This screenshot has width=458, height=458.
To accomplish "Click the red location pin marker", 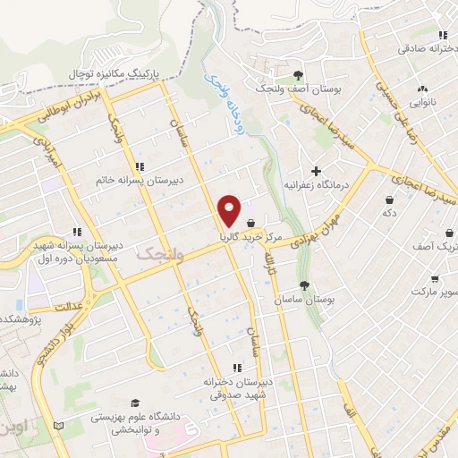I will click(x=230, y=209).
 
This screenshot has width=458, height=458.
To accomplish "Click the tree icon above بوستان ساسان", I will click(x=304, y=285).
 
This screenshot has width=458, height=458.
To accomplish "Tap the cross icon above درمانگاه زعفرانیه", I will click(x=315, y=170).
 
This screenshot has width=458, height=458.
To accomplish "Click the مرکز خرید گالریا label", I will click(x=251, y=237).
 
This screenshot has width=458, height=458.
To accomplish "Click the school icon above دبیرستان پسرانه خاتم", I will click(x=140, y=166).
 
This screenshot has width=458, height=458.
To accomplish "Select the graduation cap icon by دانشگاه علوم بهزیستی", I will click(x=135, y=403).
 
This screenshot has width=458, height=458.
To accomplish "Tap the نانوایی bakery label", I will click(x=421, y=104).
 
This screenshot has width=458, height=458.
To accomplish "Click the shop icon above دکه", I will click(x=389, y=200).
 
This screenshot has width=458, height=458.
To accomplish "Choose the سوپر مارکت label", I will click(x=434, y=292).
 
